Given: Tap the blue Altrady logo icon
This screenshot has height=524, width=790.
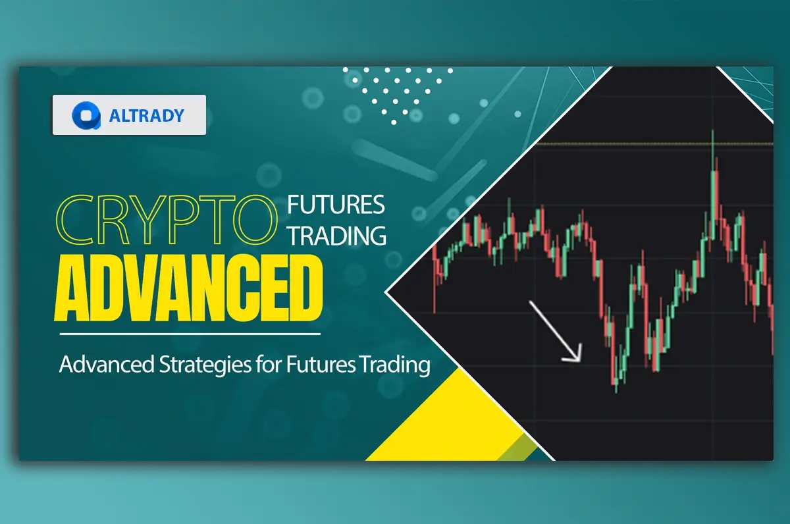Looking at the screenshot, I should [86, 116].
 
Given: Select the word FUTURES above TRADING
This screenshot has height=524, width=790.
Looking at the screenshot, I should [336, 205].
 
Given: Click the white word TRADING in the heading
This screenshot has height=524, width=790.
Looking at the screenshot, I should [336, 235].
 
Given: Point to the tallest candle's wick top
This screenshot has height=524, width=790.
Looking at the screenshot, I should [713, 132].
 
